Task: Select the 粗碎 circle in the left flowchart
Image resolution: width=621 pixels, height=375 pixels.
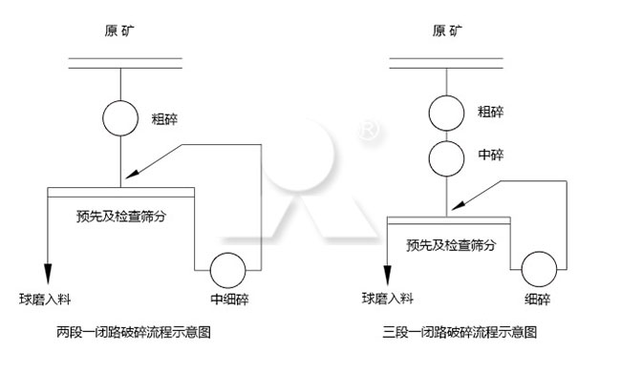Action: click(121, 120)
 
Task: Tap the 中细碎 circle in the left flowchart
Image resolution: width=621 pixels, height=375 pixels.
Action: click(229, 270)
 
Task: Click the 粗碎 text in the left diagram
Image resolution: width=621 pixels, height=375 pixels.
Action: click(165, 120)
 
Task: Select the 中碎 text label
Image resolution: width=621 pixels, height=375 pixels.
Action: click(490, 153)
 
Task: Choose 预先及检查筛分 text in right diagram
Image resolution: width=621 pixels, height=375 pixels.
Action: click(451, 244)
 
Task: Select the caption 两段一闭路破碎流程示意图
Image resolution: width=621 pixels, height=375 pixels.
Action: click(134, 333)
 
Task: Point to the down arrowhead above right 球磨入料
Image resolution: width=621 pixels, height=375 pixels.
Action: click(388, 270)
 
